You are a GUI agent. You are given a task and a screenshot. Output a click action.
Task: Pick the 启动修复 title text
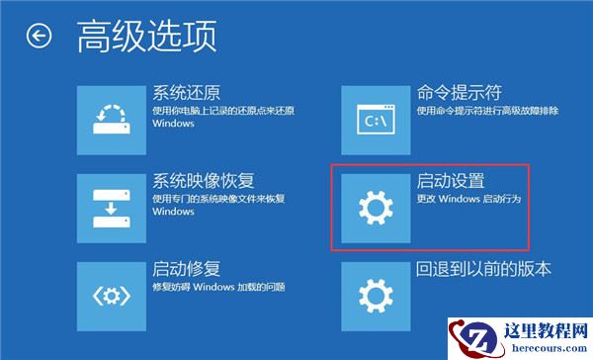[x=185, y=268]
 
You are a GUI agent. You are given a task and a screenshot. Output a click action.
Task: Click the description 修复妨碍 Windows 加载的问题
[x=218, y=287]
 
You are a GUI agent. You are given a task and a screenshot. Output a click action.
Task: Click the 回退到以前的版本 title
[x=483, y=269]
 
